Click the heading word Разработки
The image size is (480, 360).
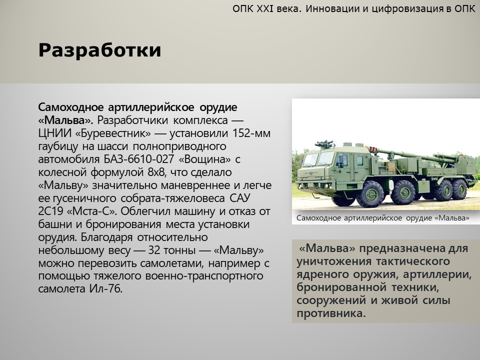point(99,50)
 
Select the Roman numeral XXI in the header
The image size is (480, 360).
point(265,8)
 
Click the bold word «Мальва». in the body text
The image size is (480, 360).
point(65,120)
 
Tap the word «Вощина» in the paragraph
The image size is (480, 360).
point(205,159)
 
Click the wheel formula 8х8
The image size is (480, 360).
point(156,172)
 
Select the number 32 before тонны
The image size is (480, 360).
point(154,250)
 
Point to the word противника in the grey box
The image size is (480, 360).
point(331,313)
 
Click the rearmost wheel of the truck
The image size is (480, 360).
point(459,189)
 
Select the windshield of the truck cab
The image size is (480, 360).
point(318,159)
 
